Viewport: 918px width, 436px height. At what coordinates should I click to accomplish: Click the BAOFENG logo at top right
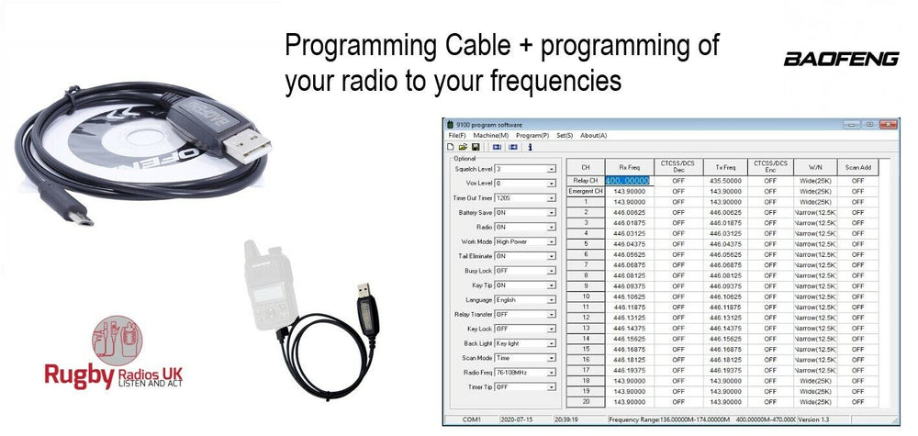[x=840, y=59]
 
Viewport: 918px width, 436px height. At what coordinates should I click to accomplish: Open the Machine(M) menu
[x=491, y=135]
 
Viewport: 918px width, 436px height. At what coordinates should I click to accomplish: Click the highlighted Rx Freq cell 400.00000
[x=627, y=181]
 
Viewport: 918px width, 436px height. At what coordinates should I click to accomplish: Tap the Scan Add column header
[x=858, y=167]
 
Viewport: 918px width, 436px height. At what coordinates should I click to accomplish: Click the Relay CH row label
[x=586, y=181]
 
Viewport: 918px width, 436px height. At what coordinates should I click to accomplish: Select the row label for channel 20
[x=586, y=401]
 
